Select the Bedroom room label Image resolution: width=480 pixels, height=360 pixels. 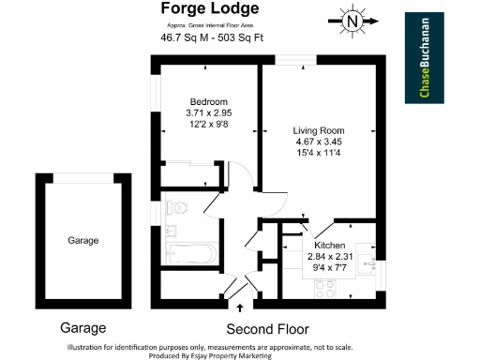(x=207, y=102)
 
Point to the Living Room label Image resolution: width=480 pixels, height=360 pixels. (x=319, y=131)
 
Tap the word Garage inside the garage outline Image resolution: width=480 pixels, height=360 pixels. (x=82, y=241)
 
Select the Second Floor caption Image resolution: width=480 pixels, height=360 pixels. (x=267, y=329)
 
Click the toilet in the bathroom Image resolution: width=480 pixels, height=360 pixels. (x=175, y=206)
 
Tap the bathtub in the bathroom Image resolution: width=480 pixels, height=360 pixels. (x=190, y=252)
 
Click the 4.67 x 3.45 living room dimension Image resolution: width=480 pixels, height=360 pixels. (x=319, y=143)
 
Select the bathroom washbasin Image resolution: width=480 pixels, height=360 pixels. (x=171, y=231)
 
